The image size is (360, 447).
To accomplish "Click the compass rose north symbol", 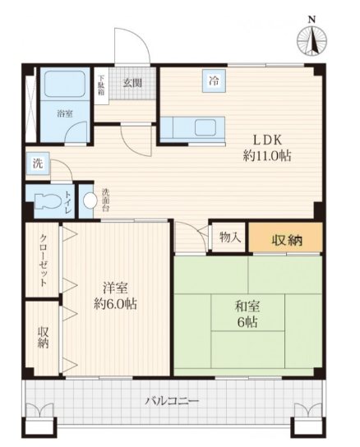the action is (x=312, y=40).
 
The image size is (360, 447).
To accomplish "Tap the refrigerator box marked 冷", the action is (x=214, y=81).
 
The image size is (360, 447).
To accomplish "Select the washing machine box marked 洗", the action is (x=38, y=164).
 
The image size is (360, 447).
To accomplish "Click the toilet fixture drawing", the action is (x=48, y=201).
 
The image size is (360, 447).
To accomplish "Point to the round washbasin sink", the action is (x=90, y=200).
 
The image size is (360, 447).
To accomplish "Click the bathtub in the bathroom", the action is (x=65, y=85).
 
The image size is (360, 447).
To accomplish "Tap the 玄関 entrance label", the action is (x=132, y=83).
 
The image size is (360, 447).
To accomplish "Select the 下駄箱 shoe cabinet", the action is (x=101, y=85).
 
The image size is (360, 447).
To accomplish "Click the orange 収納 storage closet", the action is (x=286, y=237).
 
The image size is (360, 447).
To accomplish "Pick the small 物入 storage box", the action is (x=228, y=237).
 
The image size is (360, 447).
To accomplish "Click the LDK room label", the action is (x=268, y=141).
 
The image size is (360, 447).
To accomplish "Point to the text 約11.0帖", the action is (x=267, y=156).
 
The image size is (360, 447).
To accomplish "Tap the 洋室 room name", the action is (x=116, y=288).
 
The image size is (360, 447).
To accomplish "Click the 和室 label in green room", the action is (x=247, y=306).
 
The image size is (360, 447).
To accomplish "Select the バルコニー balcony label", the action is (x=172, y=401).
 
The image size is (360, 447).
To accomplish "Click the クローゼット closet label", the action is (x=43, y=260).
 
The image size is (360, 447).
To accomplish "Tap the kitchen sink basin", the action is (x=205, y=127).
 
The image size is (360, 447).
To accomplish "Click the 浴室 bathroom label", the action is (x=65, y=113).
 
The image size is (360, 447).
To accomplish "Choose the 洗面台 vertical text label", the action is (x=105, y=200).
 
